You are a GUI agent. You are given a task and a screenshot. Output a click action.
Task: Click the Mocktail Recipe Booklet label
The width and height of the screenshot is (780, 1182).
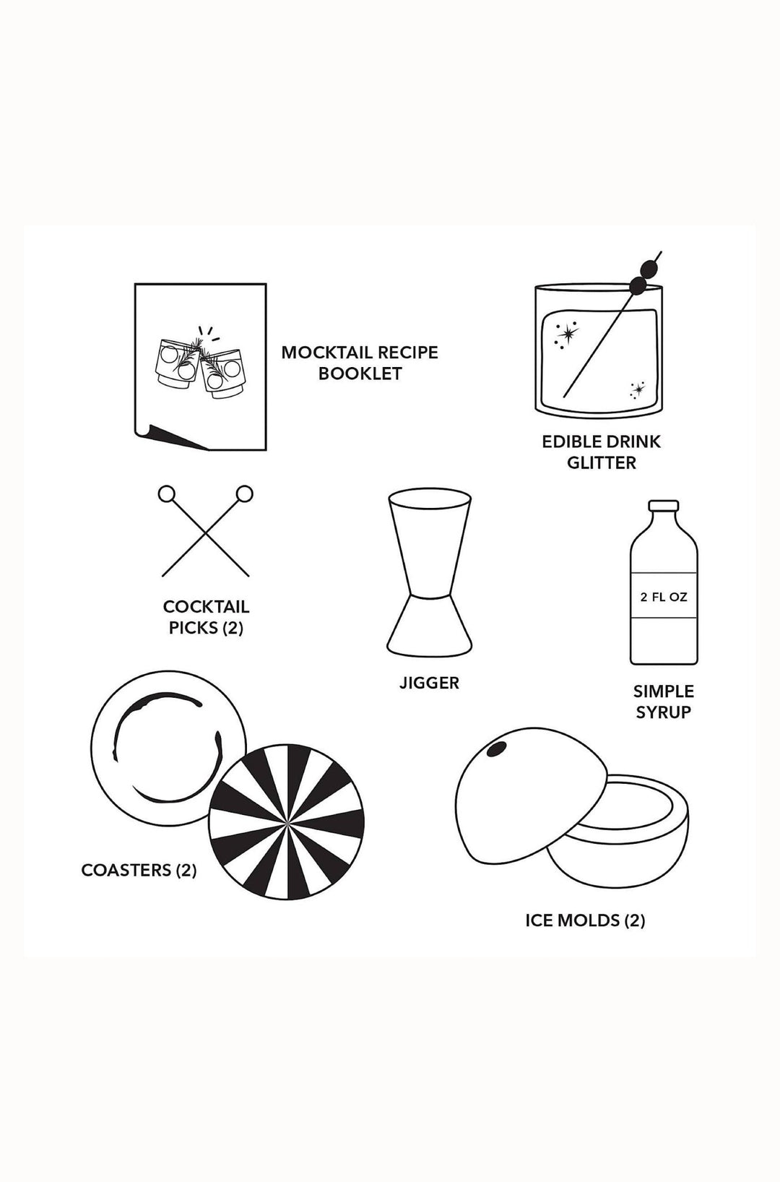(360, 363)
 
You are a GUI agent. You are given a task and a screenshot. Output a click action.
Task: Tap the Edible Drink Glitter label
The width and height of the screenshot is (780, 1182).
(601, 452)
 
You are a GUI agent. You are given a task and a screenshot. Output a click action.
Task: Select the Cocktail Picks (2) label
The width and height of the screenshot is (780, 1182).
(206, 618)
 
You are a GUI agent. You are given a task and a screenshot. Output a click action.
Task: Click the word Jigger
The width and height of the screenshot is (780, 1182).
(429, 683)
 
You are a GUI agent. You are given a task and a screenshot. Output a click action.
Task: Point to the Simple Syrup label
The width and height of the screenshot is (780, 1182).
(663, 702)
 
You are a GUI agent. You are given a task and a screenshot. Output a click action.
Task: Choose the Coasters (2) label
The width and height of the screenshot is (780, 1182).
(139, 870)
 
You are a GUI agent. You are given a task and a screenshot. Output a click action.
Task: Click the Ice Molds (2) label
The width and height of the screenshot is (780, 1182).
(585, 920)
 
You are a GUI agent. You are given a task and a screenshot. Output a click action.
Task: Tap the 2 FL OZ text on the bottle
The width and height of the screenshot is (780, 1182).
(664, 598)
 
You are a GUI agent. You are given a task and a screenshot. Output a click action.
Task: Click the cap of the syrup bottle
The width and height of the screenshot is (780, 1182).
(664, 507)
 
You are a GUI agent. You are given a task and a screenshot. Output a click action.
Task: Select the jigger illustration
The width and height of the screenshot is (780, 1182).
(430, 571)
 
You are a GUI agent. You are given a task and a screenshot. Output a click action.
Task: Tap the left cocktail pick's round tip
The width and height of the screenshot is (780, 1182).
(167, 495)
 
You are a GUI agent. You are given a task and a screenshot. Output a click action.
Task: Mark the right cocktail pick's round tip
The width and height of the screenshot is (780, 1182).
(245, 495)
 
